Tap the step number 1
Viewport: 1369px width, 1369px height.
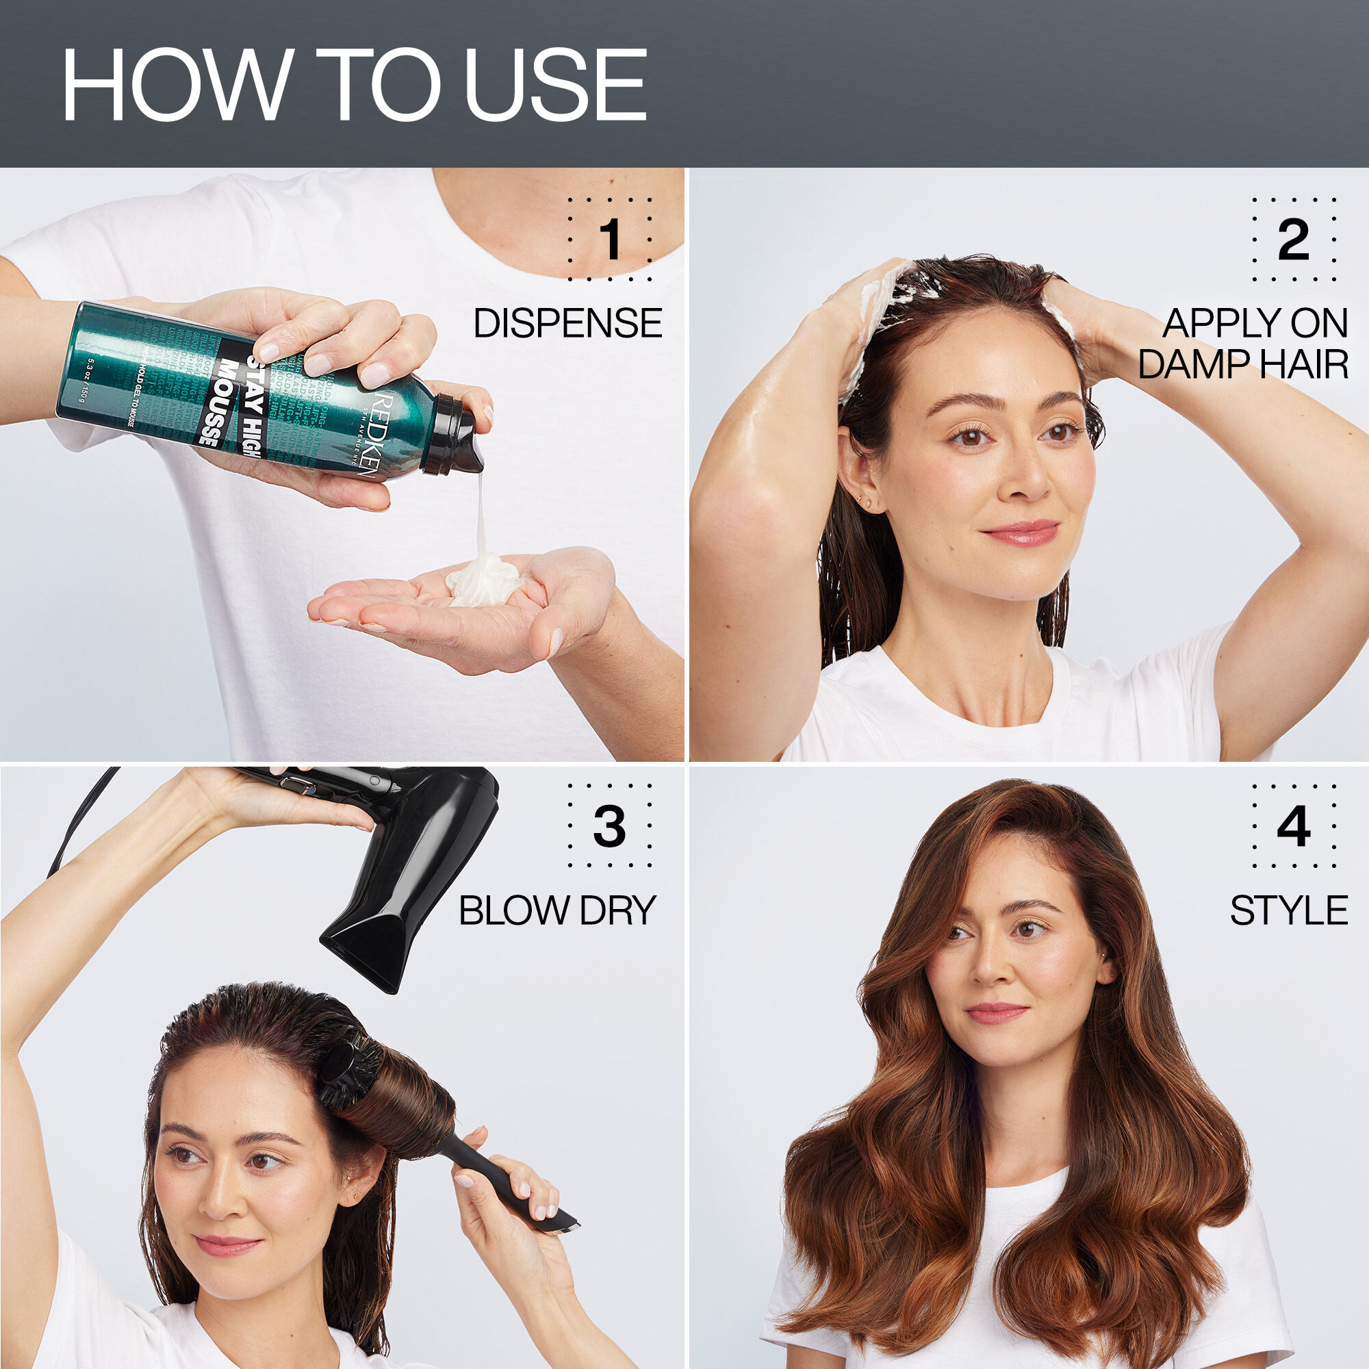click(x=609, y=240)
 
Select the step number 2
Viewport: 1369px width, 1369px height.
click(x=1293, y=240)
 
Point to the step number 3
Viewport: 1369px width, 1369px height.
click(x=609, y=826)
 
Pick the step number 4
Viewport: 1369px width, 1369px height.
click(x=1293, y=826)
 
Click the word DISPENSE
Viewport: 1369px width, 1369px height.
click(x=567, y=324)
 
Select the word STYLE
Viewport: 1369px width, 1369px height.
click(x=1288, y=910)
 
